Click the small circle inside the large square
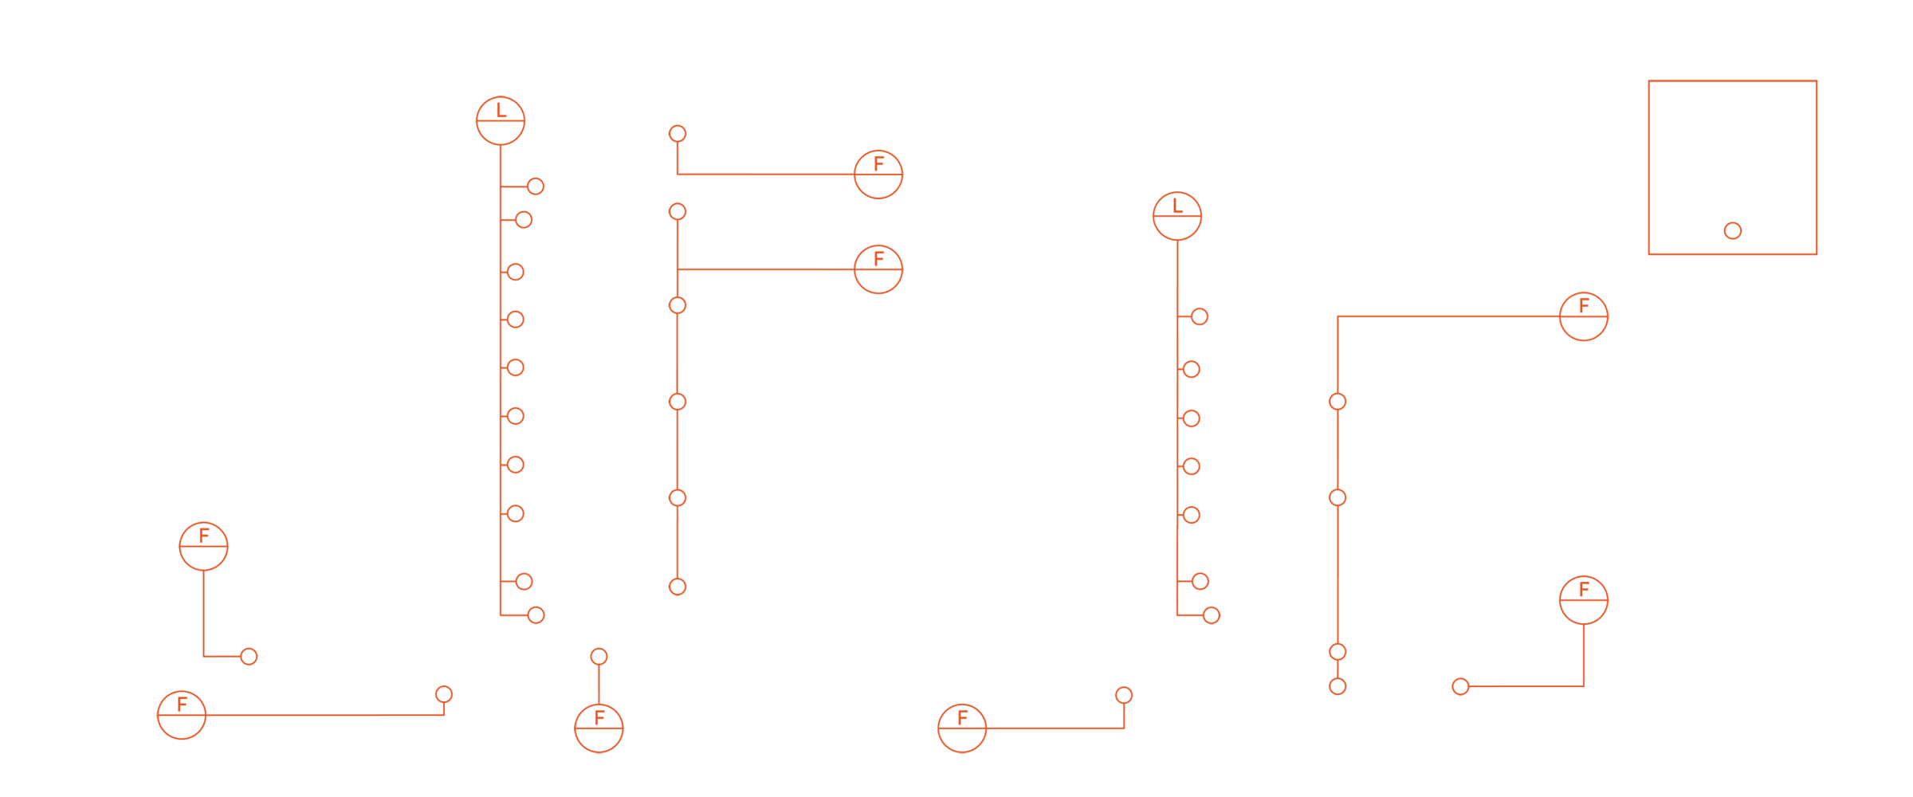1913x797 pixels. click(x=1733, y=231)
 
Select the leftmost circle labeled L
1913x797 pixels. click(x=501, y=121)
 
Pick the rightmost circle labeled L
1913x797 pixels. click(x=1177, y=216)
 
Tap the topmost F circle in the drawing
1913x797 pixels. click(x=878, y=175)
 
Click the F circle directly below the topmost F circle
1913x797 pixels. click(x=878, y=269)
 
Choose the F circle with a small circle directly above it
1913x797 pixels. click(x=599, y=728)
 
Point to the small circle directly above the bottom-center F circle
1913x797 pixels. click(x=599, y=657)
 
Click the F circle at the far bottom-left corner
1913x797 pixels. click(x=182, y=715)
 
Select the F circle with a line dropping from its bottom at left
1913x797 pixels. click(x=204, y=547)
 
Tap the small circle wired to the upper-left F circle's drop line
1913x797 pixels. click(x=249, y=657)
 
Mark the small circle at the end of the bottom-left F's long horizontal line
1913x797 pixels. click(x=444, y=694)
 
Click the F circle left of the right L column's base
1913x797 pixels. click(x=962, y=728)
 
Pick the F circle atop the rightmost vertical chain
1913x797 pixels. click(x=1584, y=316)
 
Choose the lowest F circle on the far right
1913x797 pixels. click(x=1584, y=600)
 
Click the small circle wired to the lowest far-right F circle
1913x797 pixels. click(x=1460, y=686)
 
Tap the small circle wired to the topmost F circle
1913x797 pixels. click(x=678, y=134)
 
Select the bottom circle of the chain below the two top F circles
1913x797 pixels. click(x=678, y=587)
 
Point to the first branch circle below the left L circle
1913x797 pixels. click(x=536, y=186)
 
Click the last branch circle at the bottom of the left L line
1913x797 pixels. click(x=536, y=615)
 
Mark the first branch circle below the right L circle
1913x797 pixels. click(x=1200, y=316)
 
